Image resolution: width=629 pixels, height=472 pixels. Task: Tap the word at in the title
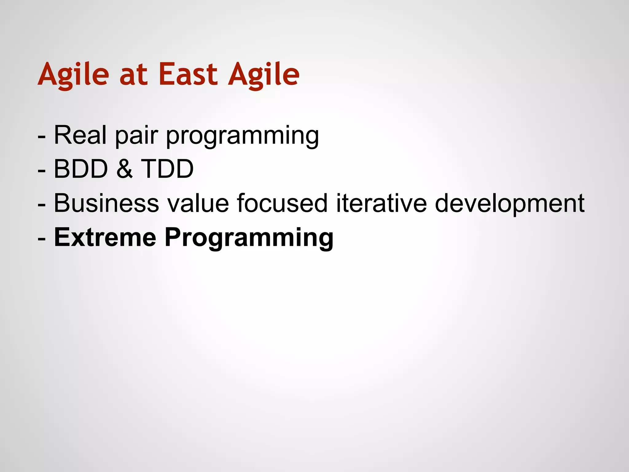pos(133,75)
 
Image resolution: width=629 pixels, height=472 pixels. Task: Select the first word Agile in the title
pos(73,75)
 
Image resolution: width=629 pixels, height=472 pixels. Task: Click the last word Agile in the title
pos(264,75)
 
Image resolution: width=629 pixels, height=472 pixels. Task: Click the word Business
pos(106,203)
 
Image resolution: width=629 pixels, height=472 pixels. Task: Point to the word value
pos(198,203)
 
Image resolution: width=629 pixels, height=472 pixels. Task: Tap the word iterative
pos(381,203)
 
